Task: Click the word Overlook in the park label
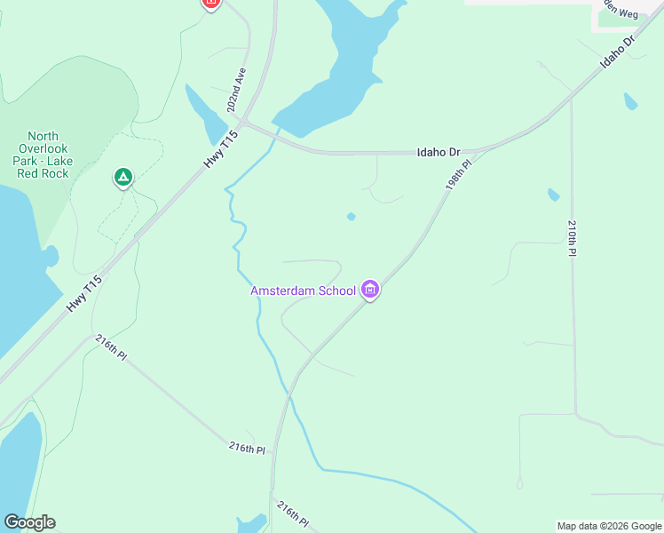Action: (43, 149)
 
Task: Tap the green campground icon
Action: (123, 179)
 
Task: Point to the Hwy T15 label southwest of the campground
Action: (85, 294)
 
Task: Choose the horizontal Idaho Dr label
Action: (439, 153)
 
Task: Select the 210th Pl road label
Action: (573, 238)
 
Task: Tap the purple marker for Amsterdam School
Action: (371, 290)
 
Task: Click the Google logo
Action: (29, 522)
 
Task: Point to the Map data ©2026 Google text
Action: (608, 526)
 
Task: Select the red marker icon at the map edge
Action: (210, 4)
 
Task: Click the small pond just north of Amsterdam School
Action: (352, 216)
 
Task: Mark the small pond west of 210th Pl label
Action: (553, 195)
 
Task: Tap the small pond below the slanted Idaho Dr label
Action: (630, 100)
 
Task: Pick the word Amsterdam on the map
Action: (279, 290)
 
